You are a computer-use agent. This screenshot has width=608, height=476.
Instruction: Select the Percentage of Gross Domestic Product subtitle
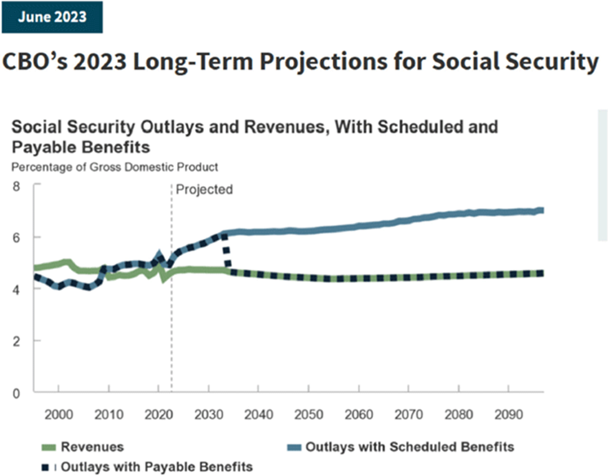coord(115,167)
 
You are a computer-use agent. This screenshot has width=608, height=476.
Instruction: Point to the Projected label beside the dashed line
coord(204,190)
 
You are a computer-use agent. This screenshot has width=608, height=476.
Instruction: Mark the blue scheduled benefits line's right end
coord(541,211)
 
